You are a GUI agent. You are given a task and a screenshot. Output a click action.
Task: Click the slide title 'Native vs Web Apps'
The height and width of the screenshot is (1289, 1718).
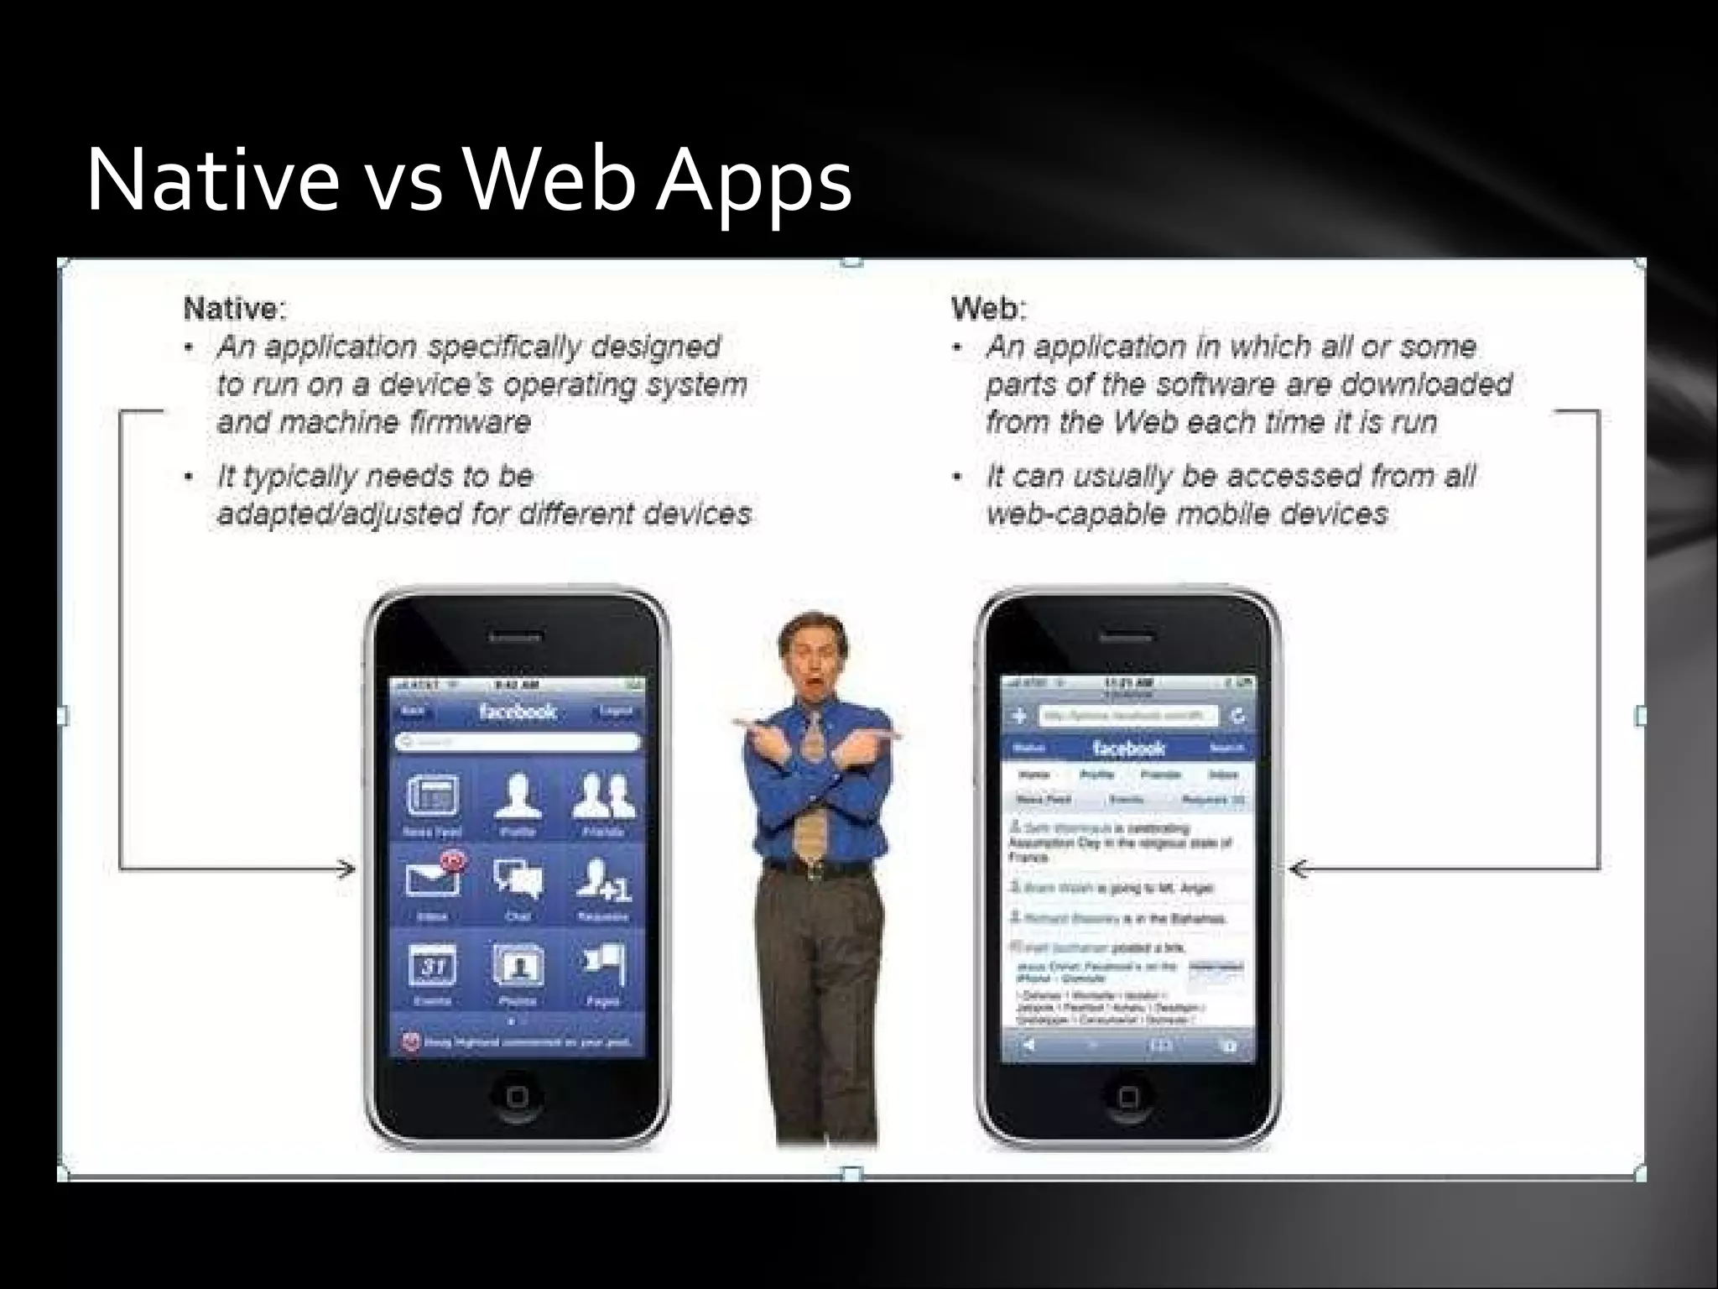click(468, 180)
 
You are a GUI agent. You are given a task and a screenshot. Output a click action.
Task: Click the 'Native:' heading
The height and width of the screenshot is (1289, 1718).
click(235, 309)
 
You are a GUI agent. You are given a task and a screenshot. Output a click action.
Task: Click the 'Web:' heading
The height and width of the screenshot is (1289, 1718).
click(988, 309)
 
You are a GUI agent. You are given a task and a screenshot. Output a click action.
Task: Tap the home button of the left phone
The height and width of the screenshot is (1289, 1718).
click(517, 1096)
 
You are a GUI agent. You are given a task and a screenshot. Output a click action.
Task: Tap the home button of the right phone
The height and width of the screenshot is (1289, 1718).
click(1127, 1096)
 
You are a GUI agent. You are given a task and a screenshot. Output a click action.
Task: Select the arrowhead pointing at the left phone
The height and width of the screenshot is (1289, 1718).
click(346, 869)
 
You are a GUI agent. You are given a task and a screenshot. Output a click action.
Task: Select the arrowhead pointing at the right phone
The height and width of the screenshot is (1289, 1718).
click(1299, 869)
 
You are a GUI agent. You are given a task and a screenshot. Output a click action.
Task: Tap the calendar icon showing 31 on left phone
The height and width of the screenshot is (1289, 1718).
click(433, 966)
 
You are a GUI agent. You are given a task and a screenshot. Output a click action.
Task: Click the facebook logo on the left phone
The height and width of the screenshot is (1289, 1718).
click(518, 712)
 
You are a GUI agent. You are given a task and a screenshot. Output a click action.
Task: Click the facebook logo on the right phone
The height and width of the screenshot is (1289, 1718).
click(1128, 748)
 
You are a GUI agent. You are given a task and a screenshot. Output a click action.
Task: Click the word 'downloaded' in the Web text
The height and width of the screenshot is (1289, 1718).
click(1426, 384)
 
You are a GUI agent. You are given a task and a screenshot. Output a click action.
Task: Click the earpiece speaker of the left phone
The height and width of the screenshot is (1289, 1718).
click(516, 637)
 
